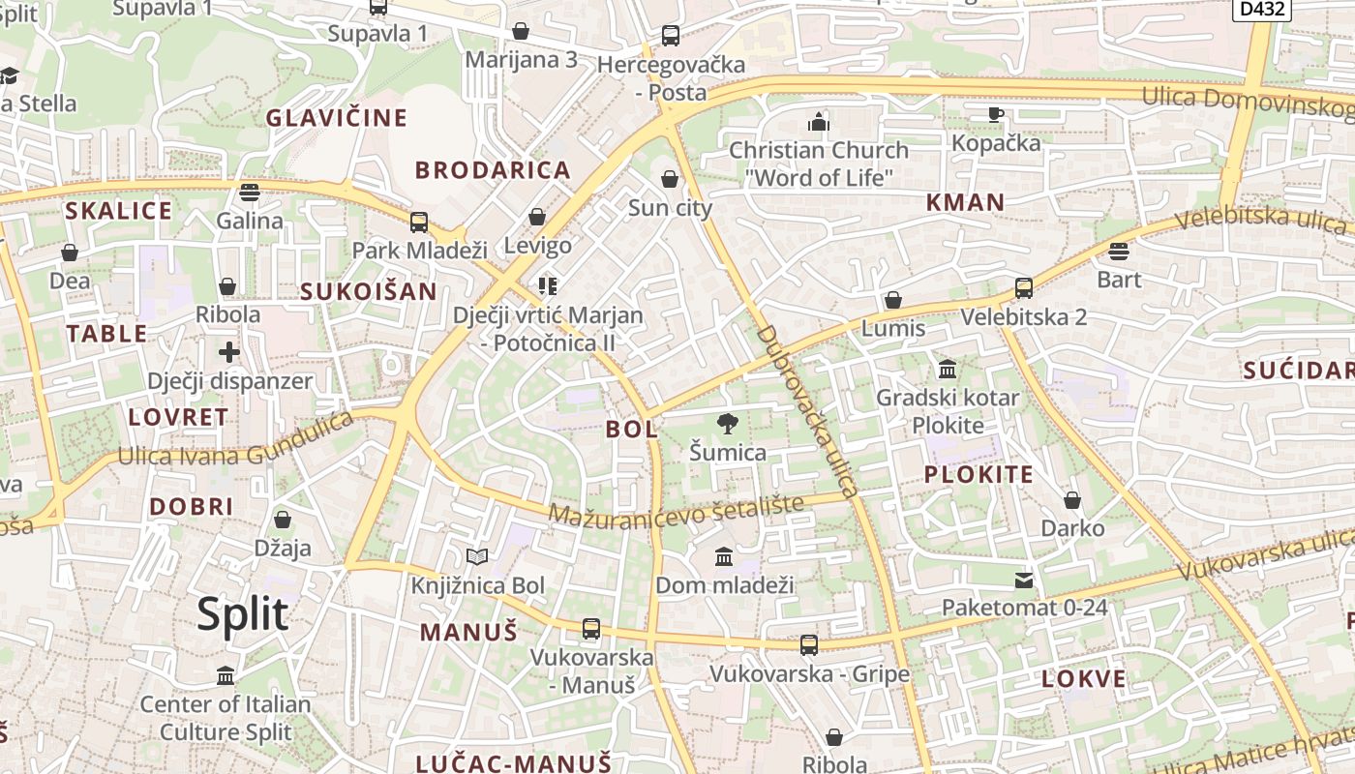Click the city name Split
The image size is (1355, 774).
coord(243,614)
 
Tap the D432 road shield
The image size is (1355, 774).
coord(1262,9)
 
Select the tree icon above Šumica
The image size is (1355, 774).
coord(727,424)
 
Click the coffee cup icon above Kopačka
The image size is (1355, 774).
coord(996,114)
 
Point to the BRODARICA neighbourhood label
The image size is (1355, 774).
coord(493,170)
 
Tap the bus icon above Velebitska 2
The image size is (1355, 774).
coord(1023,288)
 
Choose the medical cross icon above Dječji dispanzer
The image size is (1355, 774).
coord(229,351)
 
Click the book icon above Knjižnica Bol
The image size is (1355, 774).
coord(477,556)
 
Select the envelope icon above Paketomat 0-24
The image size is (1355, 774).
coord(1024,580)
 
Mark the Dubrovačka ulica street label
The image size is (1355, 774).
coord(807,411)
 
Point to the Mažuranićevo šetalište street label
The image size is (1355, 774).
coord(677,510)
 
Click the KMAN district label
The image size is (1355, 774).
coord(965,202)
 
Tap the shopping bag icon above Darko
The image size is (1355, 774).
coord(1072,500)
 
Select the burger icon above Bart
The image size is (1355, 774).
coord(1119,252)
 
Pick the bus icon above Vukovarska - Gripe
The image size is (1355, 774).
coord(809,644)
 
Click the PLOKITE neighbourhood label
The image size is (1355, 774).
coord(979,474)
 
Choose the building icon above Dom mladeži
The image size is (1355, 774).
coord(724,556)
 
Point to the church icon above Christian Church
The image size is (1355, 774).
coord(819,122)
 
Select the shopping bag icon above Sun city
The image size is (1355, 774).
coord(670,179)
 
